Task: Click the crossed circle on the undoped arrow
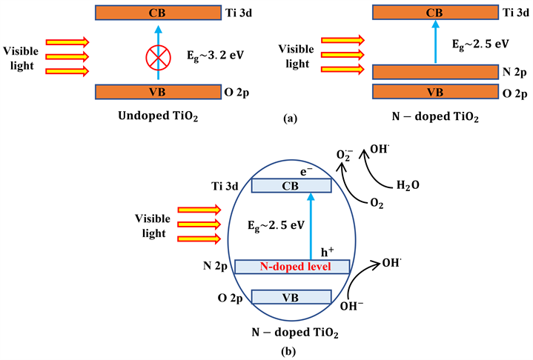(158, 55)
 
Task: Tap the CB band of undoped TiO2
(158, 13)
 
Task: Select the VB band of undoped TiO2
(158, 90)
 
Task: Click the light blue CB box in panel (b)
(291, 187)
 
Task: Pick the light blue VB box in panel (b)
(291, 296)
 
